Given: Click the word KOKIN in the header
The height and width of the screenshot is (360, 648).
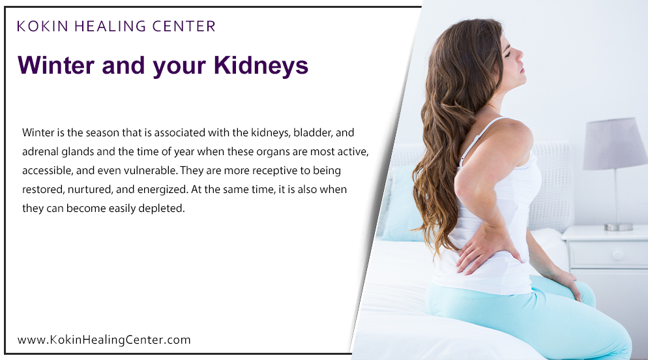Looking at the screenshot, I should [43, 27].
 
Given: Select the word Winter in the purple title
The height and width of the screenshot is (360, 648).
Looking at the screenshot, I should [59, 66].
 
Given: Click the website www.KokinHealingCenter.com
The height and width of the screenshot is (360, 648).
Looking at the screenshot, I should [104, 340].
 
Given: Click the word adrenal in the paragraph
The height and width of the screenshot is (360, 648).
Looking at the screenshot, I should [40, 152].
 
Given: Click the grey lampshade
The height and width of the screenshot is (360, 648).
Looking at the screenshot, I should [615, 143].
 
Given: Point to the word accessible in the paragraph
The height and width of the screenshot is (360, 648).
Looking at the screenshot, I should [48, 171].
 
